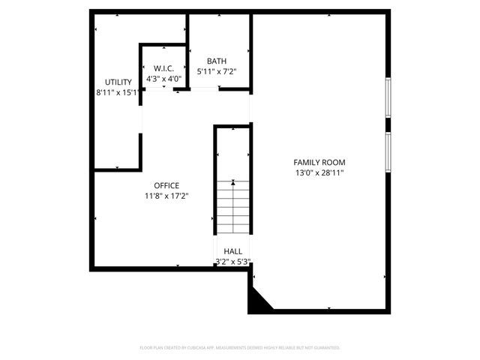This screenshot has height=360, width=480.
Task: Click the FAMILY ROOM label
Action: click(x=319, y=162)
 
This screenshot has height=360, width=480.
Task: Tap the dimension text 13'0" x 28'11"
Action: click(x=319, y=172)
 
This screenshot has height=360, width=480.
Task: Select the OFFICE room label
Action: click(x=166, y=185)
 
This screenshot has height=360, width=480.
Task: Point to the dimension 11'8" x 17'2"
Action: click(x=166, y=196)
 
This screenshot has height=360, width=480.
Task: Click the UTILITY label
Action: click(x=118, y=82)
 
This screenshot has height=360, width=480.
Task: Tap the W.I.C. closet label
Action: click(x=163, y=68)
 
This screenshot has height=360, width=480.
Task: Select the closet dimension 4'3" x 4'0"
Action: click(x=163, y=78)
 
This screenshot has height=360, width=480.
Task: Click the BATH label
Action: click(x=217, y=61)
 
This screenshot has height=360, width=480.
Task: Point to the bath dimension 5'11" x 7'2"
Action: click(x=217, y=72)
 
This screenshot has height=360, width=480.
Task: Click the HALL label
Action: click(x=232, y=251)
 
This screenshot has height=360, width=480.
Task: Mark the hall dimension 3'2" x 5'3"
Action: click(x=232, y=262)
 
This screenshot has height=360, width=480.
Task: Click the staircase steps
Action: click(x=233, y=210)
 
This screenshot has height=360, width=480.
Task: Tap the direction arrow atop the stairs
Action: click(x=233, y=181)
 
